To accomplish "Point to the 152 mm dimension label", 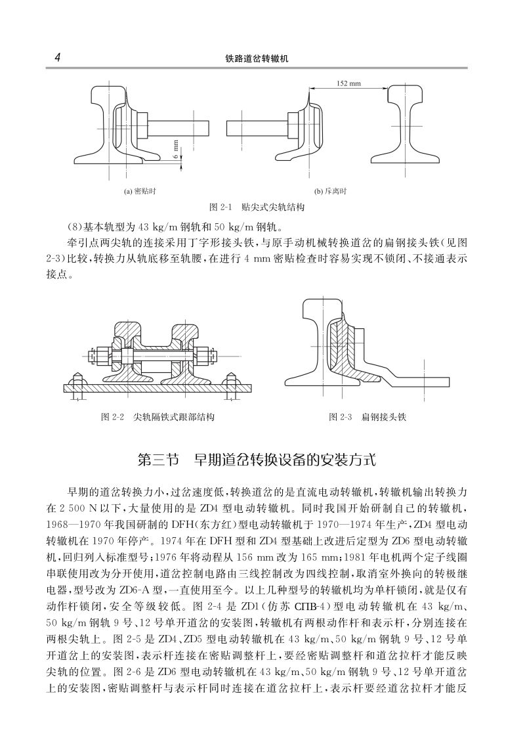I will point(348,83).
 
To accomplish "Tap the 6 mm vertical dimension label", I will point(176,147).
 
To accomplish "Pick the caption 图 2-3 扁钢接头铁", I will point(367,417).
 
